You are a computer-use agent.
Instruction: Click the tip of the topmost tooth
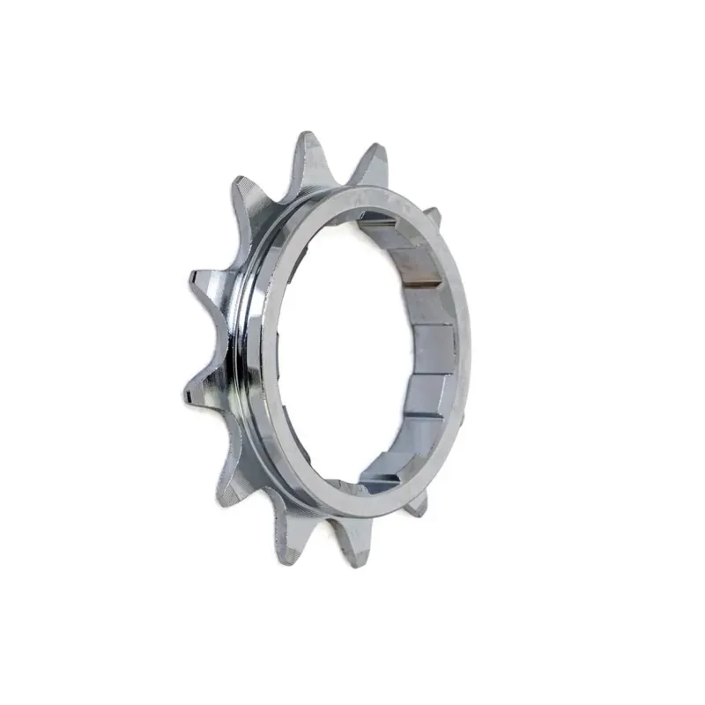point(309,137)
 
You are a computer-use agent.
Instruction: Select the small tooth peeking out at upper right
point(433,214)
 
